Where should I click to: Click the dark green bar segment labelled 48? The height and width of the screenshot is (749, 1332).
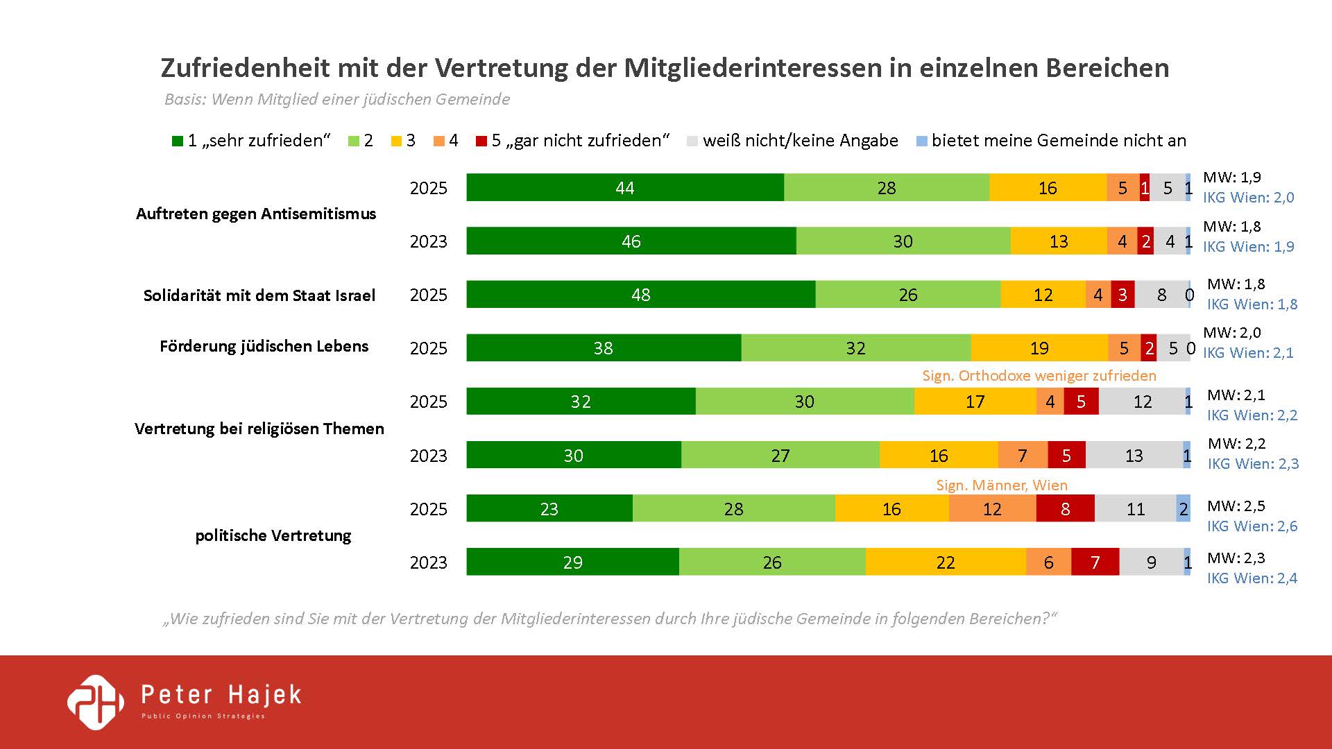pos(640,295)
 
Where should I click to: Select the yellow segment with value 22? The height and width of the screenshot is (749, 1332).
pos(946,562)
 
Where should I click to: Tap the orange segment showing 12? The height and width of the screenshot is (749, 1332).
pos(992,509)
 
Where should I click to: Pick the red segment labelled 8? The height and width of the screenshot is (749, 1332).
pos(1065,509)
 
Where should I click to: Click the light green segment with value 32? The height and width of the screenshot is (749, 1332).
pos(855,348)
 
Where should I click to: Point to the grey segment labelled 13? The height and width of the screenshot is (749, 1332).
pos(1134,456)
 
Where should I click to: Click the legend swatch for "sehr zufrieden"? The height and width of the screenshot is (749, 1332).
pos(178,141)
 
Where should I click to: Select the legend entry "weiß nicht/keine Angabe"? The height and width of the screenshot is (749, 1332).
pos(800,141)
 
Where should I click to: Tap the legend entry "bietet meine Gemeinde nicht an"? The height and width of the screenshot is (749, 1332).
pos(1058,141)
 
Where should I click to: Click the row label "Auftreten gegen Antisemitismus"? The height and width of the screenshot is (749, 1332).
pos(256,214)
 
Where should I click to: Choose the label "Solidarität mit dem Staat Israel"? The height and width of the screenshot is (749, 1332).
pos(259,295)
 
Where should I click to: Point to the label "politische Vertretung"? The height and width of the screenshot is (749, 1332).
pos(273,535)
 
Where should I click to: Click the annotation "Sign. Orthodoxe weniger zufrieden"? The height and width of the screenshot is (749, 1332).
pos(1039,376)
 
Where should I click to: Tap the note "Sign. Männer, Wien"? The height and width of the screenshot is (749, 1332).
pos(1001,485)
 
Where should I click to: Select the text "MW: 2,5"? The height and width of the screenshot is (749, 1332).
pos(1236,506)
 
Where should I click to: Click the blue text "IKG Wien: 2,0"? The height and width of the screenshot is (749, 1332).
pos(1248,198)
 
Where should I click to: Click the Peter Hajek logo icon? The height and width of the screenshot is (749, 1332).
pos(96,702)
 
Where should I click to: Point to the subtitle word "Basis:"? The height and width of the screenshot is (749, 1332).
pos(185,100)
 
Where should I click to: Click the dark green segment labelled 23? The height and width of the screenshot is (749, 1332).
pos(549,509)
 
